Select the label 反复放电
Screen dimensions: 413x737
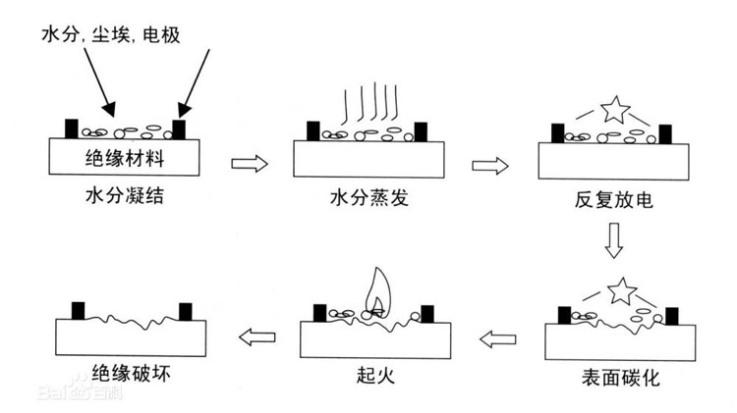pyautogui.click(x=613, y=199)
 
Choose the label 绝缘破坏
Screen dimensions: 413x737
pyautogui.click(x=131, y=376)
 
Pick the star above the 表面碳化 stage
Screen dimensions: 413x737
pyautogui.click(x=619, y=290)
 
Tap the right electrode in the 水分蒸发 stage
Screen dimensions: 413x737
pyautogui.click(x=422, y=131)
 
